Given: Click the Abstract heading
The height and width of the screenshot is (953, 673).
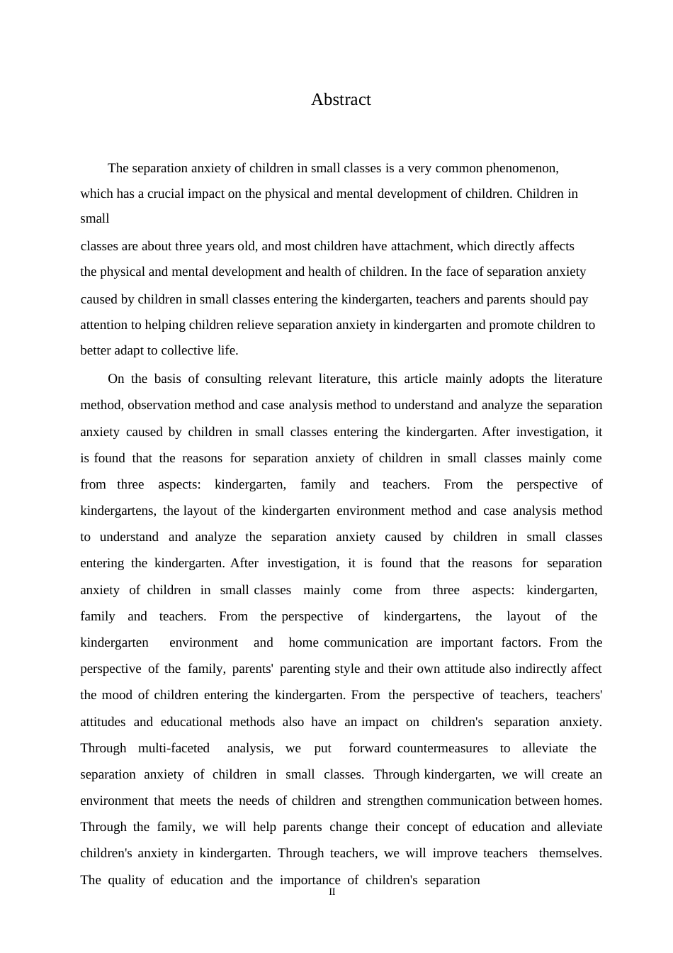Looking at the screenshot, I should (x=341, y=99).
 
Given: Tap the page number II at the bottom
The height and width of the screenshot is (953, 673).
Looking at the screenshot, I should (x=332, y=892).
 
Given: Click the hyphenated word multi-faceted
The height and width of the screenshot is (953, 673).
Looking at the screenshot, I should (x=174, y=748).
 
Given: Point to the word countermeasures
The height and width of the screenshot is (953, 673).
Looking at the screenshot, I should (x=443, y=748).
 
